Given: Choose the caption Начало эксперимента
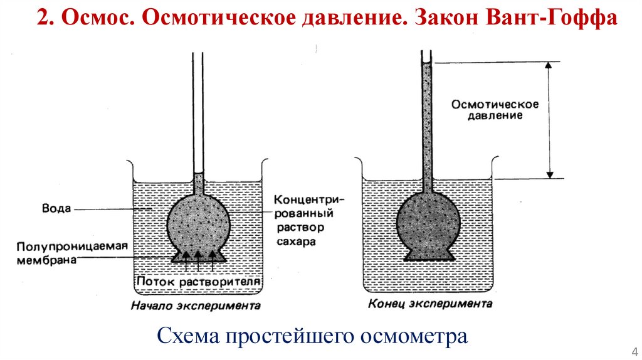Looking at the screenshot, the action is tap(196, 307).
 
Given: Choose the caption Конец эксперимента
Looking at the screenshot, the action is tap(426, 304).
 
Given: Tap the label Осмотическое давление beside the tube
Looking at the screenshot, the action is tap(487, 109).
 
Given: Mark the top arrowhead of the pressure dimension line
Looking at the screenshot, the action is tap(550, 65).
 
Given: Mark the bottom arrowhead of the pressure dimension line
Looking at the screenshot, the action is tap(550, 174).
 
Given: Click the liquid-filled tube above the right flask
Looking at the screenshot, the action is tap(428, 119).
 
